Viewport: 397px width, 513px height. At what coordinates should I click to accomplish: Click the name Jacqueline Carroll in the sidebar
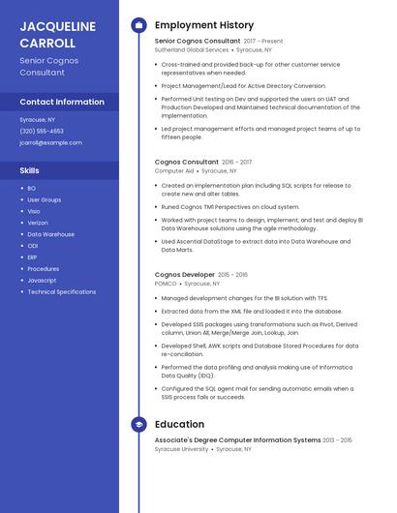click(58, 35)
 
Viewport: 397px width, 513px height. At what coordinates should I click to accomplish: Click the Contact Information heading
click(62, 102)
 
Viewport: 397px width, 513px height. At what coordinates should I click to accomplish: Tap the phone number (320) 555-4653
click(42, 131)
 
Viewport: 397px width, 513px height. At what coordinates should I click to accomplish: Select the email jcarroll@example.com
click(50, 142)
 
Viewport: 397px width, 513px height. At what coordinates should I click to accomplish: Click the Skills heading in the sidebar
click(30, 170)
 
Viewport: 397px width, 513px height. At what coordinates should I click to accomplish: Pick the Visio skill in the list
click(34, 211)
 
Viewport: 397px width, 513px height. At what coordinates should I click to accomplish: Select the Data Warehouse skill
click(50, 234)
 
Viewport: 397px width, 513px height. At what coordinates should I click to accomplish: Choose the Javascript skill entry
click(42, 280)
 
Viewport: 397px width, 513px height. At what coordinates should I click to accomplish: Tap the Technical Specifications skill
click(61, 291)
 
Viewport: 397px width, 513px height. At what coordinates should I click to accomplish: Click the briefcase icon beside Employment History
click(138, 25)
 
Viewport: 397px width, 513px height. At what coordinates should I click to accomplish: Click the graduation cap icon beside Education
click(138, 424)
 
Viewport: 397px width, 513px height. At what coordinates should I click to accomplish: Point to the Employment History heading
click(204, 25)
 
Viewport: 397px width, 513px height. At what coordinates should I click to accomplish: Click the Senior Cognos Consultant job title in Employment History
click(198, 42)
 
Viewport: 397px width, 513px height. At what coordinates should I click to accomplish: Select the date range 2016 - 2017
click(236, 163)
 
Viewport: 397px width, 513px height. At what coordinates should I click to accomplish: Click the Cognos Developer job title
click(185, 275)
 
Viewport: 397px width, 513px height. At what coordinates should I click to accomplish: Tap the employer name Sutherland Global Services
click(192, 50)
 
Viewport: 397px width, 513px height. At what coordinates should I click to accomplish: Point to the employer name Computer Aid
click(174, 171)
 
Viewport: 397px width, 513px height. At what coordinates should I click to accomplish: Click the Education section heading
click(179, 424)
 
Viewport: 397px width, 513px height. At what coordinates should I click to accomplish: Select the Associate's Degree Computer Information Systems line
click(237, 440)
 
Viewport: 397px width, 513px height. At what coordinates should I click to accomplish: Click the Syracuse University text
click(182, 449)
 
